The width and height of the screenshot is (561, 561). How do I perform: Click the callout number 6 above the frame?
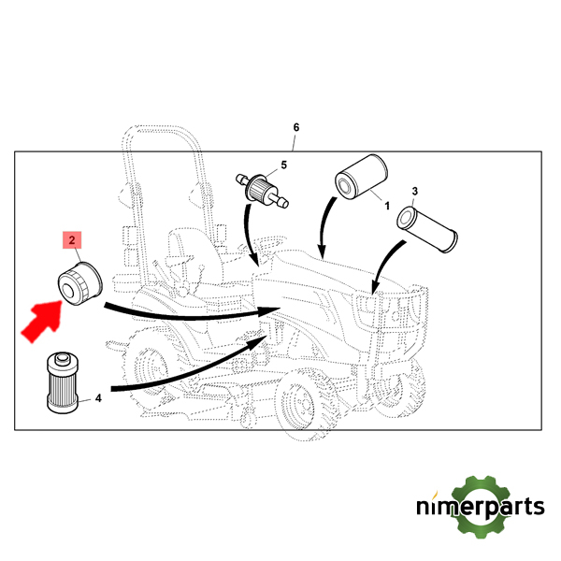pos(295,127)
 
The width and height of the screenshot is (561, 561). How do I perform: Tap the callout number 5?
pos(283,165)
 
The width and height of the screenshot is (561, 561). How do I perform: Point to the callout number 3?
pos(415,193)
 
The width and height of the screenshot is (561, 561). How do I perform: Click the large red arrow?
pos(41,317)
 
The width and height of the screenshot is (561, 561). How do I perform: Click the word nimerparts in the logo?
pos(480,509)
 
